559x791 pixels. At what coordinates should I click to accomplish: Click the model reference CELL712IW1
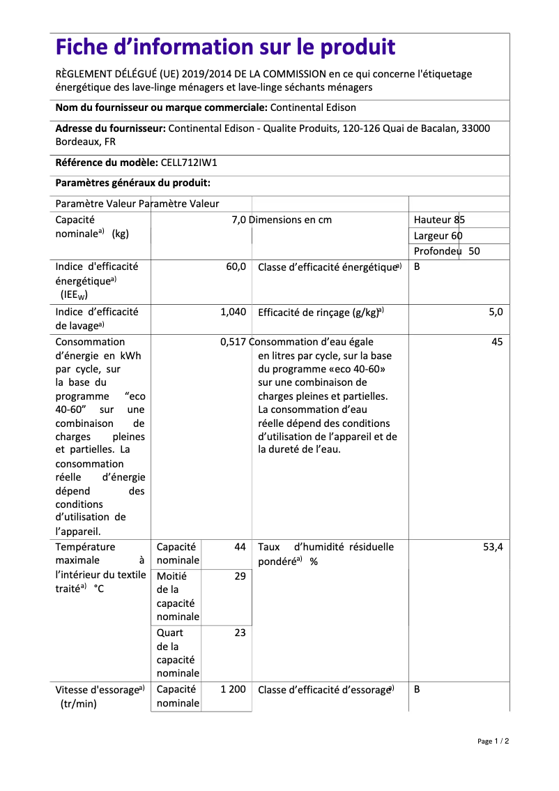pyautogui.click(x=189, y=163)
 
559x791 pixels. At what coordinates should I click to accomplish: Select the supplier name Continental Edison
pyautogui.click(x=312, y=107)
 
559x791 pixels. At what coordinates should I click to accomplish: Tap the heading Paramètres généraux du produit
pyautogui.click(x=132, y=183)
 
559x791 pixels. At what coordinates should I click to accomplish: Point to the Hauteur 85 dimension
pyautogui.click(x=439, y=220)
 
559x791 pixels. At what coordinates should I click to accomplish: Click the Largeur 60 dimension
pyautogui.click(x=438, y=236)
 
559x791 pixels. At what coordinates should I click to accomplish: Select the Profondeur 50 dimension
pyautogui.click(x=446, y=251)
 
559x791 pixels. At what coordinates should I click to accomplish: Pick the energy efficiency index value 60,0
pyautogui.click(x=236, y=266)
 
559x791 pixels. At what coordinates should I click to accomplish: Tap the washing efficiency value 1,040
pyautogui.click(x=233, y=312)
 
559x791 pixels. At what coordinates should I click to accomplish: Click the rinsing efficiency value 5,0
pyautogui.click(x=495, y=312)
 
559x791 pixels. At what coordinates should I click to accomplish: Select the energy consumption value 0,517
pyautogui.click(x=233, y=342)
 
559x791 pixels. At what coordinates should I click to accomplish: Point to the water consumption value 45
pyautogui.click(x=496, y=342)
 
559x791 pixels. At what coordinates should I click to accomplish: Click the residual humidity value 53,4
pyautogui.click(x=493, y=548)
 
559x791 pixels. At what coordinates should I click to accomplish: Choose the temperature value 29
pyautogui.click(x=240, y=576)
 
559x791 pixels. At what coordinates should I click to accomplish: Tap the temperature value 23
pyautogui.click(x=240, y=633)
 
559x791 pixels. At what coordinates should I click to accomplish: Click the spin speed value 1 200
pyautogui.click(x=233, y=689)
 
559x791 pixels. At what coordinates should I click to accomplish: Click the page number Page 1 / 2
pyautogui.click(x=493, y=741)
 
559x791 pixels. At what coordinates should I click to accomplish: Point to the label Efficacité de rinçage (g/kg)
pyautogui.click(x=321, y=312)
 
